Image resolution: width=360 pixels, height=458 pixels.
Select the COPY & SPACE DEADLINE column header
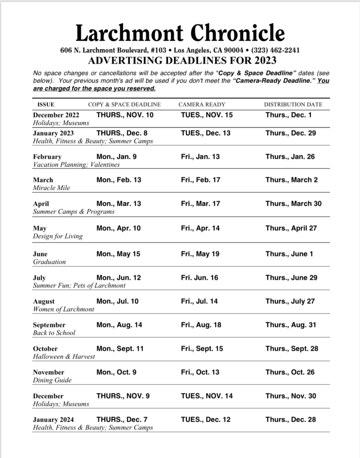(124, 105)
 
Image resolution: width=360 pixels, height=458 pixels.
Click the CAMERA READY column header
(202, 105)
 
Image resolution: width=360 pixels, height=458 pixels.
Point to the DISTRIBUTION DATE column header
(293, 105)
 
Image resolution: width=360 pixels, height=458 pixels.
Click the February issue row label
(47, 157)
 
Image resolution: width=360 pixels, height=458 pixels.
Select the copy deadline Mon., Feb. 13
(119, 180)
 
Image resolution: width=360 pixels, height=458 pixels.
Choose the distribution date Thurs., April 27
(291, 228)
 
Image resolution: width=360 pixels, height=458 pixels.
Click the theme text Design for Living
(58, 236)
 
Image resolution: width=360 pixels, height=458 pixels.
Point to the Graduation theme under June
(49, 262)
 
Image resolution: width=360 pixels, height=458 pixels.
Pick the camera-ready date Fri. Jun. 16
(199, 278)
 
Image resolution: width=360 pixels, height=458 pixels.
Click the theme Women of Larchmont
(63, 309)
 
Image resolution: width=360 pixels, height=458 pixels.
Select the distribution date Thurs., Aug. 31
(291, 325)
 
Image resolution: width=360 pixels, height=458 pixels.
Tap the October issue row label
(45, 349)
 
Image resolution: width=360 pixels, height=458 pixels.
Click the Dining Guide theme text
(52, 381)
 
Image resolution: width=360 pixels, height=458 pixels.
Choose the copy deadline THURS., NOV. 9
(123, 396)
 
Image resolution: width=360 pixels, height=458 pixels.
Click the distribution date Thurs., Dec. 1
(288, 114)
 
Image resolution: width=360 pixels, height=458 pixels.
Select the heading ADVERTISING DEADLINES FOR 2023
(182, 61)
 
